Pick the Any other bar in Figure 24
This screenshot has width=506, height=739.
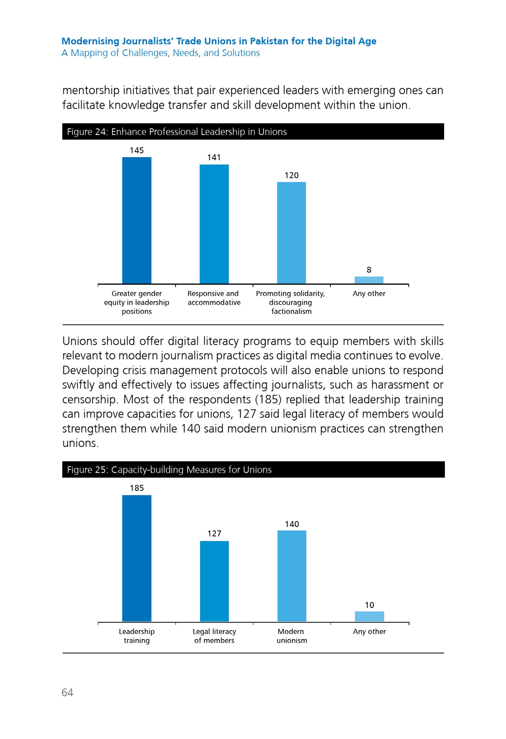pos(369,280)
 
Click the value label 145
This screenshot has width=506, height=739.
pos(137,150)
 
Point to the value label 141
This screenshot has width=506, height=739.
pos(214,158)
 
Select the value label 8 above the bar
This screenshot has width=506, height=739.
pos(369,270)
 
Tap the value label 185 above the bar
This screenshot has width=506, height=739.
pos(137,488)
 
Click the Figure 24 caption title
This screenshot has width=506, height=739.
pos(177,132)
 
